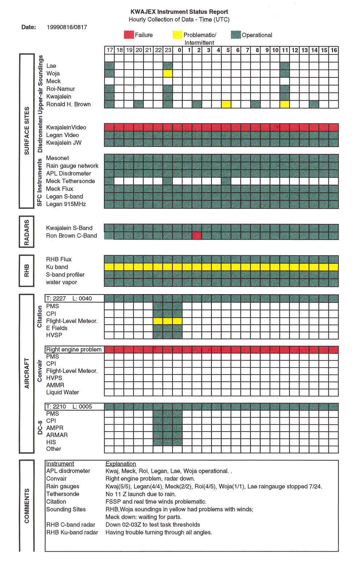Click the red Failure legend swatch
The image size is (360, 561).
click(129, 35)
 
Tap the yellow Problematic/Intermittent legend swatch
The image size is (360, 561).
click(177, 35)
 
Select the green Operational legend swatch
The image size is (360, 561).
click(236, 35)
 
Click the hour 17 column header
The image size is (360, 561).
click(109, 50)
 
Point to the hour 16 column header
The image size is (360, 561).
click(333, 50)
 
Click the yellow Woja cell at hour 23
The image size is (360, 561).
click(167, 73)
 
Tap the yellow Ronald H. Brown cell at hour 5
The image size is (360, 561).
click(226, 104)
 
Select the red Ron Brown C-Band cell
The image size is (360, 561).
click(197, 236)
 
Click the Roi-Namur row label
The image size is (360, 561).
click(60, 89)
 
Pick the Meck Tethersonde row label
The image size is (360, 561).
click(70, 181)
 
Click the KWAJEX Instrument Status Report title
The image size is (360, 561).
click(179, 12)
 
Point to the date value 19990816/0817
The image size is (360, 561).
click(67, 27)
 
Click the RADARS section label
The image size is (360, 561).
click(27, 232)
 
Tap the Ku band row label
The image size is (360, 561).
click(57, 267)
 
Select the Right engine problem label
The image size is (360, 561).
click(74, 349)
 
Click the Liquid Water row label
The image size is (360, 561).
click(62, 392)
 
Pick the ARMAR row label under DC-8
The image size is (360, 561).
click(57, 435)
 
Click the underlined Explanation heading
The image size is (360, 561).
click(121, 464)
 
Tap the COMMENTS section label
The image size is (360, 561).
click(27, 506)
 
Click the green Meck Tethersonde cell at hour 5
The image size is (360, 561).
click(226, 181)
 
